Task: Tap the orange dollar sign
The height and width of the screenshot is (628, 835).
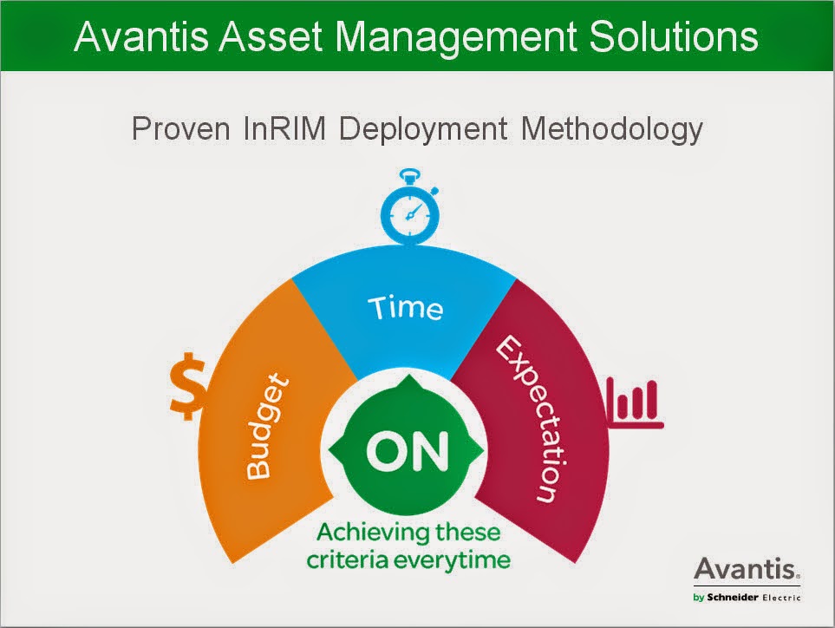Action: coord(188,386)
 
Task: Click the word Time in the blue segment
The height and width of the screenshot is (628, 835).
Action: coord(405,309)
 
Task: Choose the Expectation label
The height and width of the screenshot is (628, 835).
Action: coord(530,419)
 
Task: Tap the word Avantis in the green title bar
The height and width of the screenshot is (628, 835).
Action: coord(141,36)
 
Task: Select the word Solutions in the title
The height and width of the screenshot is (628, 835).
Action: coord(674,36)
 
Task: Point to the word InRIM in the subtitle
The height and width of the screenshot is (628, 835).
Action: coord(284,129)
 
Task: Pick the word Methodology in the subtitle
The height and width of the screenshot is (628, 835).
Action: coord(612,130)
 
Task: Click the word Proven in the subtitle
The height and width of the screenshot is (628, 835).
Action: coord(181,129)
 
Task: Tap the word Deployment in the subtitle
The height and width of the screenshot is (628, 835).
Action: coord(423,130)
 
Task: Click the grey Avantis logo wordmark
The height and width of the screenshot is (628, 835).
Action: coord(747,569)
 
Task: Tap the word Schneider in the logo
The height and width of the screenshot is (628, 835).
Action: coord(733,597)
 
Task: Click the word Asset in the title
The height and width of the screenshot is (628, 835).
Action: coord(271,36)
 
